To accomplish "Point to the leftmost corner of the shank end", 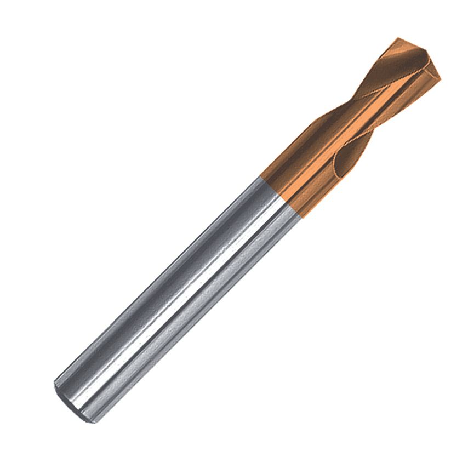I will pos(54,384).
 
